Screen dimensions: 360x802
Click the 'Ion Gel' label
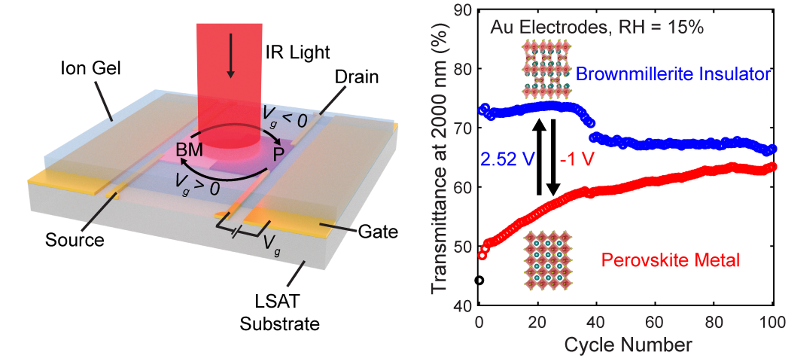(91, 68)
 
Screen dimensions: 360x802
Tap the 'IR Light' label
(297, 52)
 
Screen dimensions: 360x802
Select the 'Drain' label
(356, 77)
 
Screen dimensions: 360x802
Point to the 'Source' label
(74, 240)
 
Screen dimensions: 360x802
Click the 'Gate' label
(378, 231)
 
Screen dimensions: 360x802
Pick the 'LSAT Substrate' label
(279, 313)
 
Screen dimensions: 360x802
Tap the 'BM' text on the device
(189, 150)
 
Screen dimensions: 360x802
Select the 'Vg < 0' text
(285, 117)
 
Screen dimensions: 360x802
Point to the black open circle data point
(479, 280)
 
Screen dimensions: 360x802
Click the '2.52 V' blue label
(507, 159)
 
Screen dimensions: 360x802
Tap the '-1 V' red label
(577, 159)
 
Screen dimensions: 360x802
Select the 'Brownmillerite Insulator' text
(673, 74)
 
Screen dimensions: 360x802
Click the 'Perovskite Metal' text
(670, 260)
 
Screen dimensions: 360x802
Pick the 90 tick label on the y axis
(462, 11)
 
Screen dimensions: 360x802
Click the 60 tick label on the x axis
(654, 322)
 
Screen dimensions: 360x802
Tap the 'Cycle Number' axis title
(628, 345)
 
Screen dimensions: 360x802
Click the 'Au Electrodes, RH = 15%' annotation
(597, 27)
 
